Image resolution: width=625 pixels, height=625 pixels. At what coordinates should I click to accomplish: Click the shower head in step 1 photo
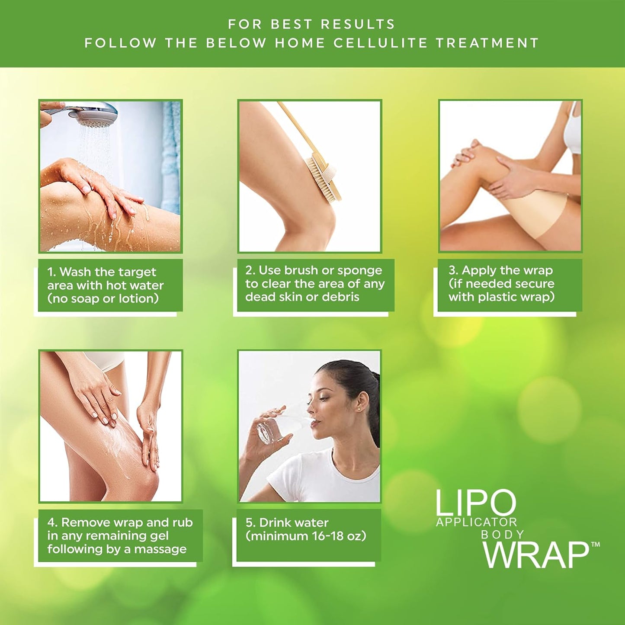[x=93, y=113]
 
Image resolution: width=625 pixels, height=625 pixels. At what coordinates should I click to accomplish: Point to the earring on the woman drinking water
[x=358, y=409]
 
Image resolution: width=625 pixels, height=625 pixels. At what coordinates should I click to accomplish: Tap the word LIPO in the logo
[x=475, y=503]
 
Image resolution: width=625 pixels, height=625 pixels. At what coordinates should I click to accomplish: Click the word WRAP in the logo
[x=535, y=555]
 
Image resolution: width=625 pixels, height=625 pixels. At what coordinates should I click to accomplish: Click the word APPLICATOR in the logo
[x=476, y=522]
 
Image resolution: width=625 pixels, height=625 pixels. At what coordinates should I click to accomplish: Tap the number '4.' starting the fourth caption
[x=52, y=522]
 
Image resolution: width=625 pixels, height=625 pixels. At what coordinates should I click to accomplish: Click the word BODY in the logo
[x=503, y=535]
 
